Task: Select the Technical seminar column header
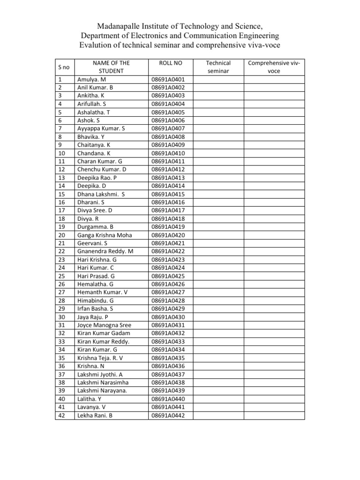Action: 218,67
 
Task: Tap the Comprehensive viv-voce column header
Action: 274,67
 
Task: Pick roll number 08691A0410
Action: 168,153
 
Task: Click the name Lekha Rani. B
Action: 95,415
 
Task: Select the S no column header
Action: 63,67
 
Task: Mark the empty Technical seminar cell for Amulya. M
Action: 218,79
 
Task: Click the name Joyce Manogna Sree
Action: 104,325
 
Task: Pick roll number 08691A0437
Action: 168,375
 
